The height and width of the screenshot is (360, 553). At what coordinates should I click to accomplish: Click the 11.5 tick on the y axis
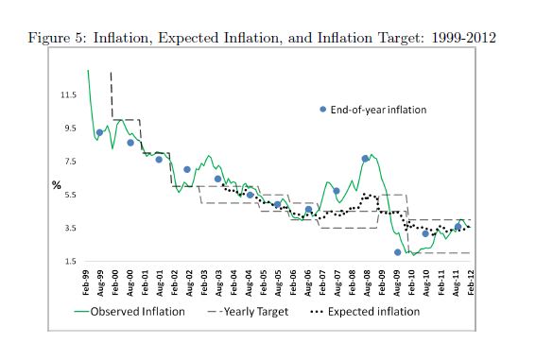pos(68,94)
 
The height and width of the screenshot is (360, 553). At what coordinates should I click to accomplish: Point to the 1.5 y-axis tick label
pos(70,262)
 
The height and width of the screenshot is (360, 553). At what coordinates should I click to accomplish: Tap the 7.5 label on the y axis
pos(70,162)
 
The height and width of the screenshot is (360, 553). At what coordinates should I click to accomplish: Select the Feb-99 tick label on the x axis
pos(85,283)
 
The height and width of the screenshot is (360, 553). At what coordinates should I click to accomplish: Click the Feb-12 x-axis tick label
pos(471,283)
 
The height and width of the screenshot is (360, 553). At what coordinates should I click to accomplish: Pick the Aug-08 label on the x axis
pos(367,283)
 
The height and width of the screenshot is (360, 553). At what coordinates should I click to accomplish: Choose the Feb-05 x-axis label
pos(264,283)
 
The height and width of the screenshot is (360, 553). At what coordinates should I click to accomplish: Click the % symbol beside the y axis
pos(57,185)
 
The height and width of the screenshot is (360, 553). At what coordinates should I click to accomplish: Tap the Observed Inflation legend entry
pos(130,312)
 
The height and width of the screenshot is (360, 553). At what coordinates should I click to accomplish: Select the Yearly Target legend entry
pos(249,312)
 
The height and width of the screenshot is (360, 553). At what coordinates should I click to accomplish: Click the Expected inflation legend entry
pos(365,312)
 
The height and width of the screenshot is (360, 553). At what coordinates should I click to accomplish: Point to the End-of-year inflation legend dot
pos(322,110)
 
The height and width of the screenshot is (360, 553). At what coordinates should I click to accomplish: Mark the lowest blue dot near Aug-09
pos(397,252)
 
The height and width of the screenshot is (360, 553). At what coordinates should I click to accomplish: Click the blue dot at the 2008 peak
pos(365,159)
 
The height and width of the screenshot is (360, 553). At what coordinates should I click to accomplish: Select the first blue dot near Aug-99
pos(99,132)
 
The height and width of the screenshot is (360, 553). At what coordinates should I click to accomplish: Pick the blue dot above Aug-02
pos(187,169)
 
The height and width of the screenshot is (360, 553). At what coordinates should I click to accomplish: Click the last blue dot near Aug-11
pos(458,227)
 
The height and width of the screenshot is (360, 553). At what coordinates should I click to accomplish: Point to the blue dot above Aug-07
pos(337,191)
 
